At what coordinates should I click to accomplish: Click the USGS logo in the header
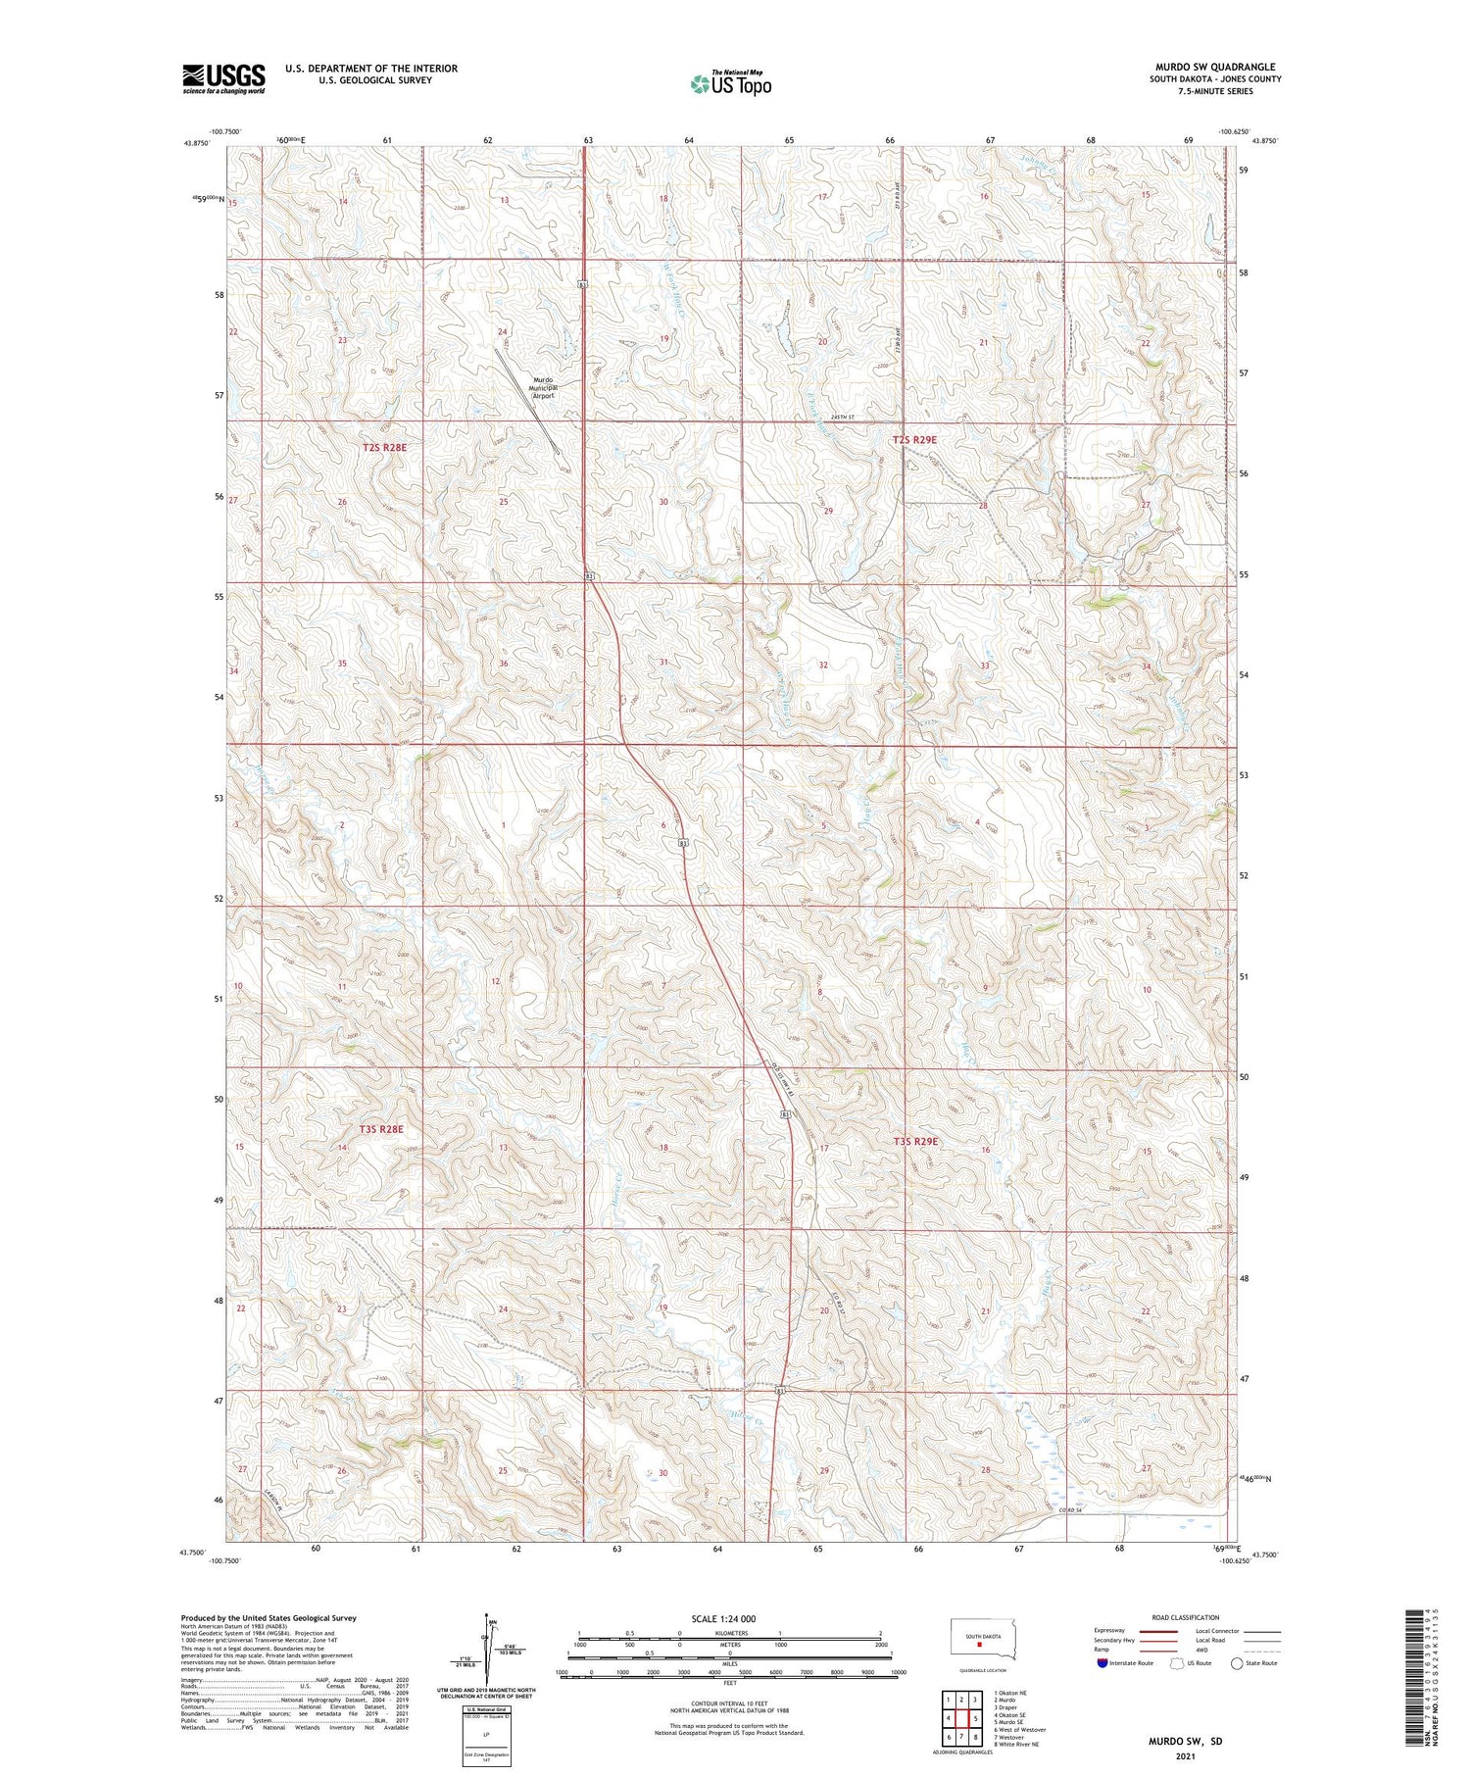(223, 78)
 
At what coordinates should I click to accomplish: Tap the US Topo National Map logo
(730, 83)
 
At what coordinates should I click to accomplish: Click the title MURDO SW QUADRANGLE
(1215, 67)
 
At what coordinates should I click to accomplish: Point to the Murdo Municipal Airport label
(542, 387)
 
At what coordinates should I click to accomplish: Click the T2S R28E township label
(383, 447)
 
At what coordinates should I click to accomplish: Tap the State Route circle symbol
(1237, 1663)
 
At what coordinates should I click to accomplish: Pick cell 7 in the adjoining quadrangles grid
(962, 1737)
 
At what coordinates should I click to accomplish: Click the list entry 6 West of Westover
(1019, 1729)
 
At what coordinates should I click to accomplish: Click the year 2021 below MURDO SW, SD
(1185, 1755)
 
